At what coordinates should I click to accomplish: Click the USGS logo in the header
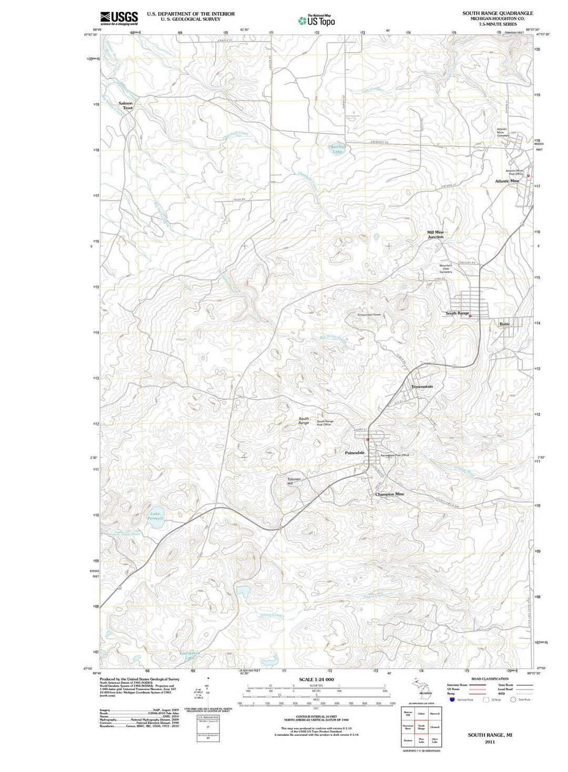(x=119, y=18)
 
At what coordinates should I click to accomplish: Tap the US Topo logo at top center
(x=316, y=21)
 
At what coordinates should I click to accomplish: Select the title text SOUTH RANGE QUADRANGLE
(x=490, y=13)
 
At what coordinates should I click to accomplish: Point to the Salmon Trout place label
(x=126, y=106)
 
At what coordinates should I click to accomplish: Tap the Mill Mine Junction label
(x=435, y=235)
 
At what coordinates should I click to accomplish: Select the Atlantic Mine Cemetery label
(x=503, y=133)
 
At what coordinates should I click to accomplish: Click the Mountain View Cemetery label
(x=446, y=268)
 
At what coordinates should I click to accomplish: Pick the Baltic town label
(x=505, y=324)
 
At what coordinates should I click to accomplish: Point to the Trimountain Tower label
(x=369, y=315)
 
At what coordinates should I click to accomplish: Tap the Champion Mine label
(x=390, y=494)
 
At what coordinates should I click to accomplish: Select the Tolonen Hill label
(x=293, y=481)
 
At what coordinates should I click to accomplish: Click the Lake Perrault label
(x=155, y=516)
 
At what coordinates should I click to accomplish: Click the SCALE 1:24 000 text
(x=316, y=679)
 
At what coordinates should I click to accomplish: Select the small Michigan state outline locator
(x=418, y=687)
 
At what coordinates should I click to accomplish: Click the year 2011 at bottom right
(x=490, y=742)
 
